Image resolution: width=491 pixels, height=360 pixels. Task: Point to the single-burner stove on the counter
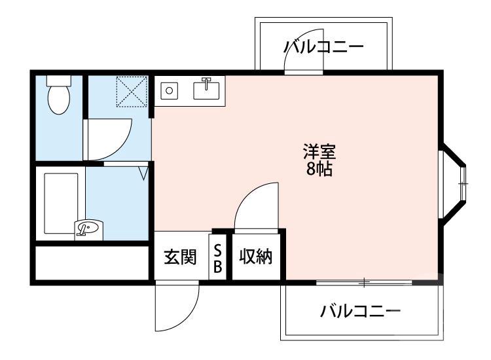tap(170, 90)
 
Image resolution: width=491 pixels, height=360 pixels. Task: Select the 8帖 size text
tap(319, 170)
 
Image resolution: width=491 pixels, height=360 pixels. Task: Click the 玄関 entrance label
tap(180, 257)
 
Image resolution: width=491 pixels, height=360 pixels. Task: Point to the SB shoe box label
tap(218, 259)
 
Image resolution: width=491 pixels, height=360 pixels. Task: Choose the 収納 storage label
tap(255, 257)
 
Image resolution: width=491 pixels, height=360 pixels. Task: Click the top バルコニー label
tap(323, 48)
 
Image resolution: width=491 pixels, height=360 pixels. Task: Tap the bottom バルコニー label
tap(360, 310)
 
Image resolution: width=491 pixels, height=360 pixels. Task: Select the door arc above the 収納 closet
tap(257, 204)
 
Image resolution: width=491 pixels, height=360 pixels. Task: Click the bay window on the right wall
tap(458, 185)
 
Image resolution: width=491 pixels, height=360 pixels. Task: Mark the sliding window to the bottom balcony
tap(364, 282)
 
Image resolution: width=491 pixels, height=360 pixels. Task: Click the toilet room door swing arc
tap(111, 137)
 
